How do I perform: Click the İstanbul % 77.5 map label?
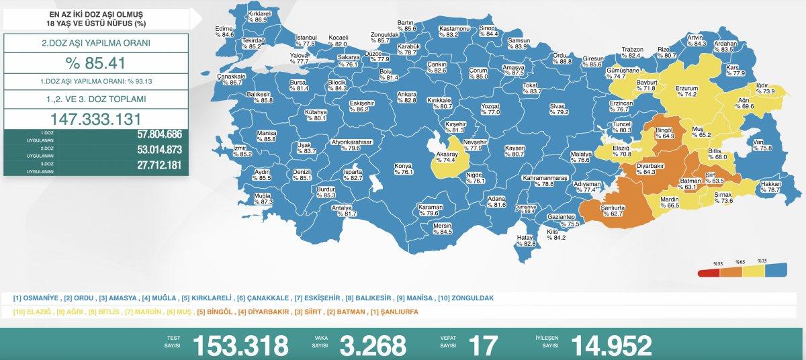(x=306, y=40)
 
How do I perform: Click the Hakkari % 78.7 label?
(x=769, y=187)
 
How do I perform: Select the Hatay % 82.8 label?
(x=525, y=240)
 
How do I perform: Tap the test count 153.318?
(x=240, y=345)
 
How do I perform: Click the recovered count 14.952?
(x=611, y=345)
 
